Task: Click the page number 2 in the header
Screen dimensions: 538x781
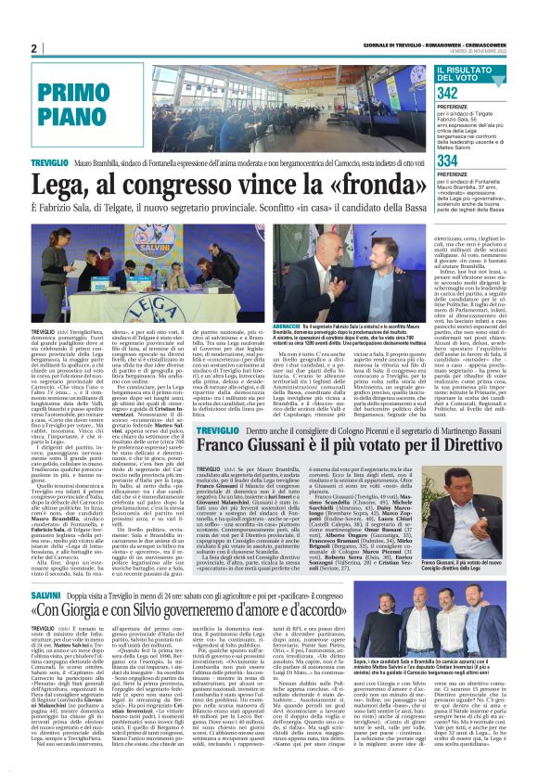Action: (x=32, y=48)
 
